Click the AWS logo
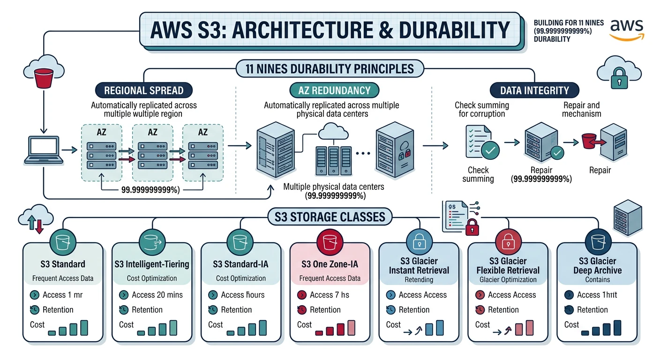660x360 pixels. (x=627, y=30)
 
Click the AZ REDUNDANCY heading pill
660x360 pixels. (x=334, y=90)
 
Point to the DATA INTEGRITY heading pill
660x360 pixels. (x=534, y=90)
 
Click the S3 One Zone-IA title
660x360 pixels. (x=330, y=264)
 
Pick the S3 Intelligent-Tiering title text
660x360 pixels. (x=152, y=264)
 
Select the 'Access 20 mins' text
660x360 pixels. (x=157, y=295)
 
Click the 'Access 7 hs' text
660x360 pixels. (x=329, y=295)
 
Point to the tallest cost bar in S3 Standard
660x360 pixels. (x=84, y=328)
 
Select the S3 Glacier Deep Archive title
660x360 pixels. (x=597, y=266)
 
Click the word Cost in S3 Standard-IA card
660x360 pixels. (x=216, y=324)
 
